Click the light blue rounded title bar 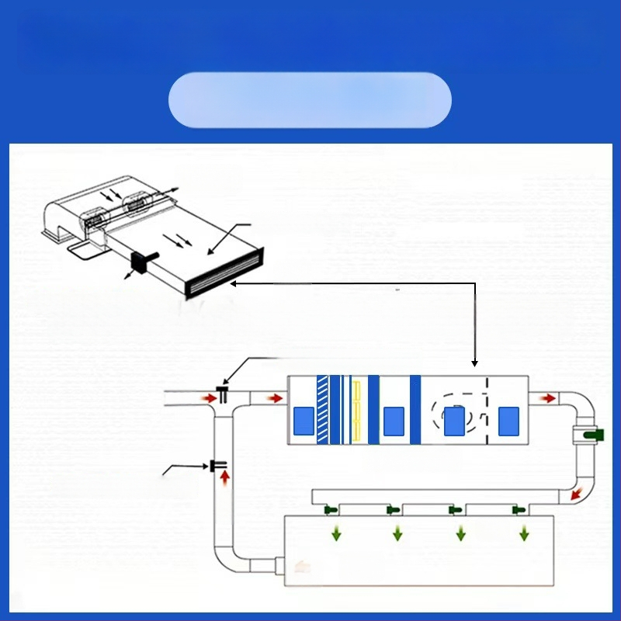(x=310, y=100)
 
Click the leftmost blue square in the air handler (x=303, y=421)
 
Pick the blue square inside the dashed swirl (x=454, y=421)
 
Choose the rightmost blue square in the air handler (x=508, y=421)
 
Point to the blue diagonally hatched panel (x=322, y=410)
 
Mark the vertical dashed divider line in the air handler (x=486, y=410)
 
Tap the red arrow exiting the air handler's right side (x=548, y=398)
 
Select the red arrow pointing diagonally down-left (x=577, y=494)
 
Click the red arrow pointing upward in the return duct (x=225, y=477)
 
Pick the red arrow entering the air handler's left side (x=276, y=398)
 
